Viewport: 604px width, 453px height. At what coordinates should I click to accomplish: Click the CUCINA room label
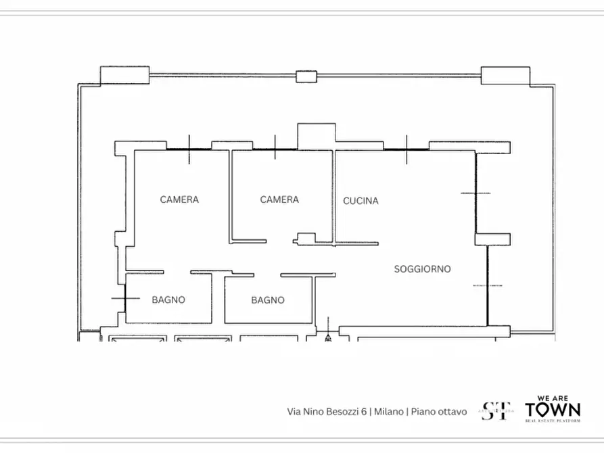tap(361, 201)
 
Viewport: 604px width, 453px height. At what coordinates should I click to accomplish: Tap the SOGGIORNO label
tap(422, 269)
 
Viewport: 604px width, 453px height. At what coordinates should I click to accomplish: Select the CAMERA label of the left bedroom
tap(179, 199)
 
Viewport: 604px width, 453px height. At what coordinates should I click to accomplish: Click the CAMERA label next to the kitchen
tap(279, 199)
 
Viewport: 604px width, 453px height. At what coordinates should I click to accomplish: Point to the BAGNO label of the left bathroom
tap(168, 300)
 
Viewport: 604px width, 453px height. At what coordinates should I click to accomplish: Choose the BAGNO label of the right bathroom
tap(268, 300)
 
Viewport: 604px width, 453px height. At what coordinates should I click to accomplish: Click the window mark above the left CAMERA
tap(189, 149)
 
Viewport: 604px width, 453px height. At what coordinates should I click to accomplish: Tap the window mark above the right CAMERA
tap(275, 148)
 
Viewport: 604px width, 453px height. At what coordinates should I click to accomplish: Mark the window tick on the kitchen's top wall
tap(406, 149)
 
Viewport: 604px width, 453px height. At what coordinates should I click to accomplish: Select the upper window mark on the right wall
tap(475, 193)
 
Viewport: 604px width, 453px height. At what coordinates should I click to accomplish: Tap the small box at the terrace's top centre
tap(306, 76)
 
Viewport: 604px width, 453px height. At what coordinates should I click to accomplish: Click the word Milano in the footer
tap(389, 411)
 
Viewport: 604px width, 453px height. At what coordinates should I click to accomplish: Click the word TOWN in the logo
tap(553, 410)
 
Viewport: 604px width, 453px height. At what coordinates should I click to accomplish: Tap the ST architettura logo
tap(496, 410)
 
